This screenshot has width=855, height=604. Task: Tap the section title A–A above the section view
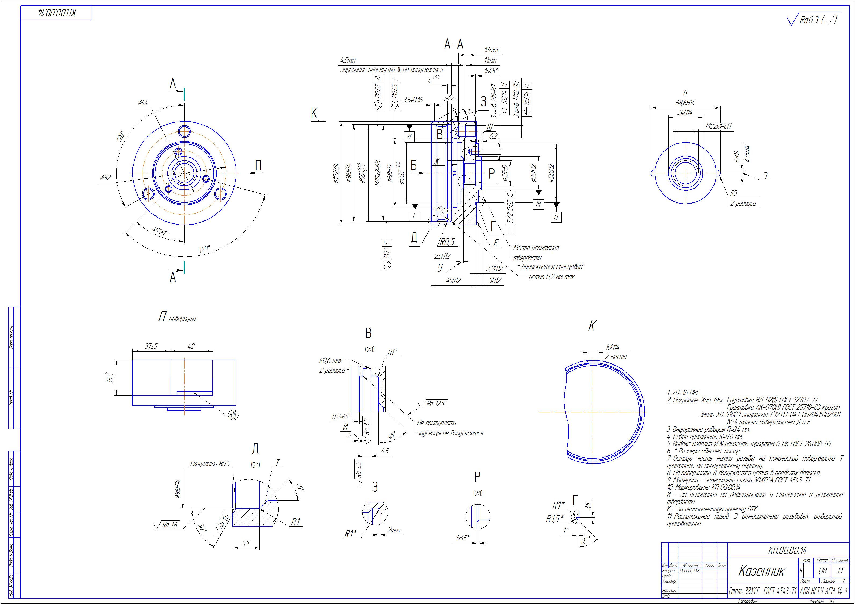[x=454, y=44]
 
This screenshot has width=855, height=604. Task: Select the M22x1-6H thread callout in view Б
[x=718, y=126]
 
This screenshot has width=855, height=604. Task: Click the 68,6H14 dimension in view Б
[x=686, y=103]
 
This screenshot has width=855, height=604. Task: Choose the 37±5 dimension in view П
[x=151, y=346]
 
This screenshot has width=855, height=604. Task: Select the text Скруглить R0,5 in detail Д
[x=210, y=464]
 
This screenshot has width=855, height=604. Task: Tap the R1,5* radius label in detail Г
[x=554, y=518]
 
